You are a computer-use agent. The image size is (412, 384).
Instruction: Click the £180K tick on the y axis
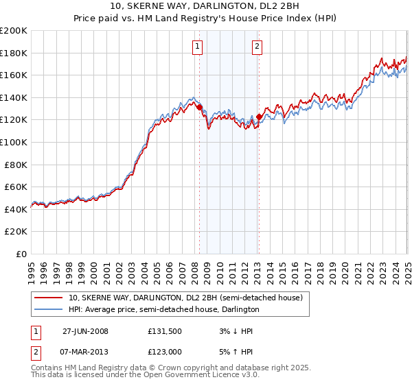pos(14,53)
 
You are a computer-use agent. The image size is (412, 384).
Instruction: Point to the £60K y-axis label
pos(16,187)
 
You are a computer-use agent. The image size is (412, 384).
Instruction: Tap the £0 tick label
pos(22,254)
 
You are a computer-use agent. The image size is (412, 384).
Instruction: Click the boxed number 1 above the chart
pos(197,47)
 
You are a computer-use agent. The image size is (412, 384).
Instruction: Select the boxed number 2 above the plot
pos(257,47)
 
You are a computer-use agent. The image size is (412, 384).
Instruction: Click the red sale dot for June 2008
pos(199,107)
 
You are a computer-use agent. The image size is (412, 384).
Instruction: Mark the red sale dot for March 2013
pos(259,117)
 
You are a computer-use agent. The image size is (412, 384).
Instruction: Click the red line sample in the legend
pos(49,298)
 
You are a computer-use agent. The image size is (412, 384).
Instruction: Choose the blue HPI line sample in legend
pos(49,309)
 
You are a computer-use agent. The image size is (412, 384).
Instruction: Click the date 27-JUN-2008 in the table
pos(85,331)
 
